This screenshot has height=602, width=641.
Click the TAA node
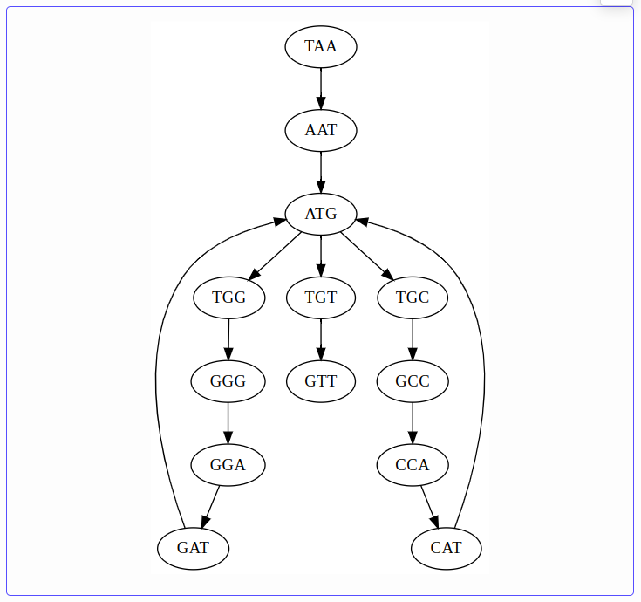coord(321,46)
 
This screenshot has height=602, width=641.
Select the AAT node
coord(321,130)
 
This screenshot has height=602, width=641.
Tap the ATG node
coord(321,213)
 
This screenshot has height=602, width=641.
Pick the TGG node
coord(229,298)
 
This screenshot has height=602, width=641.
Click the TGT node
coord(321,298)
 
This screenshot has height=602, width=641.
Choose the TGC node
coord(413,298)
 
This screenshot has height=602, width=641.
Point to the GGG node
coord(228,381)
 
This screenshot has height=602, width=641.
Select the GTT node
coord(321,381)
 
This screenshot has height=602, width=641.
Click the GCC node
coord(413,381)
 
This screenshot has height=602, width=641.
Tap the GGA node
coord(228,465)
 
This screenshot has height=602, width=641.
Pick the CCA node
coord(413,465)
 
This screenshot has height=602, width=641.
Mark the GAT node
coord(194,549)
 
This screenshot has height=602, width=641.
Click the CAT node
coord(447,549)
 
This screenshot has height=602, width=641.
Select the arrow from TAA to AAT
coord(321,88)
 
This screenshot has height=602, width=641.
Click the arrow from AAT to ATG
coord(321,172)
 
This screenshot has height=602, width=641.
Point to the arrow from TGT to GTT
coord(321,339)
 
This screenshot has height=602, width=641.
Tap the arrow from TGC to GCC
coord(413,339)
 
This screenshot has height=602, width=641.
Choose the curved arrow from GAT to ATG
coord(156,375)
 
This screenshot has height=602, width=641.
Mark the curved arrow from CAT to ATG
coord(484,375)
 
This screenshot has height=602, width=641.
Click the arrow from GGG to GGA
coord(228,423)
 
